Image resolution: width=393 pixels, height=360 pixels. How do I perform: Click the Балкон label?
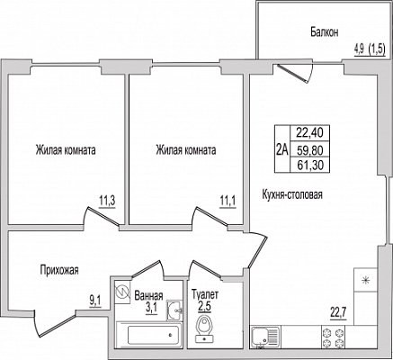[325, 31]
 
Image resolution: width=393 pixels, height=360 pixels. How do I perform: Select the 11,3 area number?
[107, 201]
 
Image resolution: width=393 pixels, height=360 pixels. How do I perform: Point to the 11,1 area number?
[228, 201]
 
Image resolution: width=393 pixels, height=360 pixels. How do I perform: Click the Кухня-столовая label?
[292, 194]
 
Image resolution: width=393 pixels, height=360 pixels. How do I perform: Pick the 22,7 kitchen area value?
[338, 313]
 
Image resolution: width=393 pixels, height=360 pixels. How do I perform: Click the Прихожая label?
[59, 270]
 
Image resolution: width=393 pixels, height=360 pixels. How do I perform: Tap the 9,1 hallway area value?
[95, 300]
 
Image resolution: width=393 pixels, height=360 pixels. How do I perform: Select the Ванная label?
[148, 296]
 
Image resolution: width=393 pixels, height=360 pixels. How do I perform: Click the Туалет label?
[205, 294]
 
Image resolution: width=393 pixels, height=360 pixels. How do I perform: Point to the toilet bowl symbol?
[204, 329]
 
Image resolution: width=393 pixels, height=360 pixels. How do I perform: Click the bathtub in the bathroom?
[149, 335]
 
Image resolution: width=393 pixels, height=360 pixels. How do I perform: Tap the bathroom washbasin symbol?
[174, 310]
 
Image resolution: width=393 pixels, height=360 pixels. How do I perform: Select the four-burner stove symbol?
[333, 337]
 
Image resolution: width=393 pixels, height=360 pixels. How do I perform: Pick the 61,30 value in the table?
[310, 165]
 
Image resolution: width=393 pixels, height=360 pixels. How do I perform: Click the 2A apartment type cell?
[282, 148]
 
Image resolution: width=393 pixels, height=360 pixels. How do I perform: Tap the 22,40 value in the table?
[310, 132]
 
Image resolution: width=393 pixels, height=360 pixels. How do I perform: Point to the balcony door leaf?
[293, 74]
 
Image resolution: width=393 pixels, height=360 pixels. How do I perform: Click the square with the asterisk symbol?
[365, 280]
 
